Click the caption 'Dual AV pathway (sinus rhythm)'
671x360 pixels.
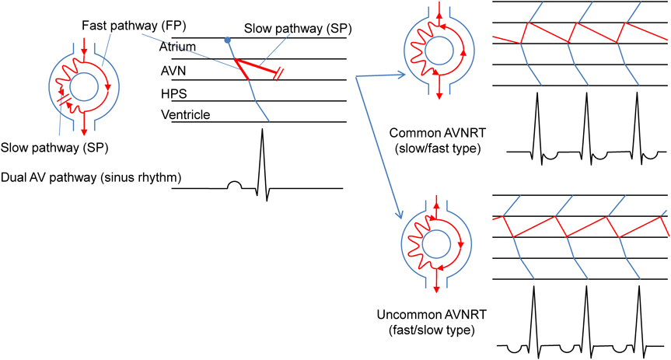91,178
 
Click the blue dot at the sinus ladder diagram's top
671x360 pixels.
227,40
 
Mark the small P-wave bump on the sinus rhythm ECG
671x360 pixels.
232,185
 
